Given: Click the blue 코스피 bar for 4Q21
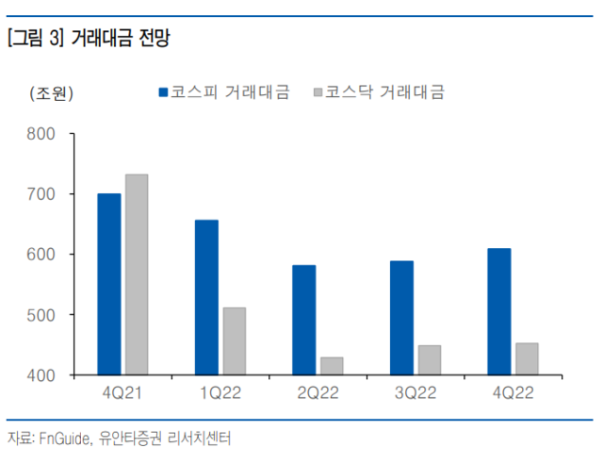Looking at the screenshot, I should (109, 284).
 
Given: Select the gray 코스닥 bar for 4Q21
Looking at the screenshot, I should (137, 274).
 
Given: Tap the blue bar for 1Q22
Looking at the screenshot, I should (206, 297).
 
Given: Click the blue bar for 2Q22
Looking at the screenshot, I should (303, 320).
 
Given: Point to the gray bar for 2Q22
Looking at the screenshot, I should (331, 366).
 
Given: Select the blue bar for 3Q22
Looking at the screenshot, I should (401, 318).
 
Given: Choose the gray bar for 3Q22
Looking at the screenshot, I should (429, 360).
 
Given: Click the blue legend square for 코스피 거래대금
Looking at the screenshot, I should (162, 92).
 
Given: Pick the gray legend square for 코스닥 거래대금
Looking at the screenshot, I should (318, 92).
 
